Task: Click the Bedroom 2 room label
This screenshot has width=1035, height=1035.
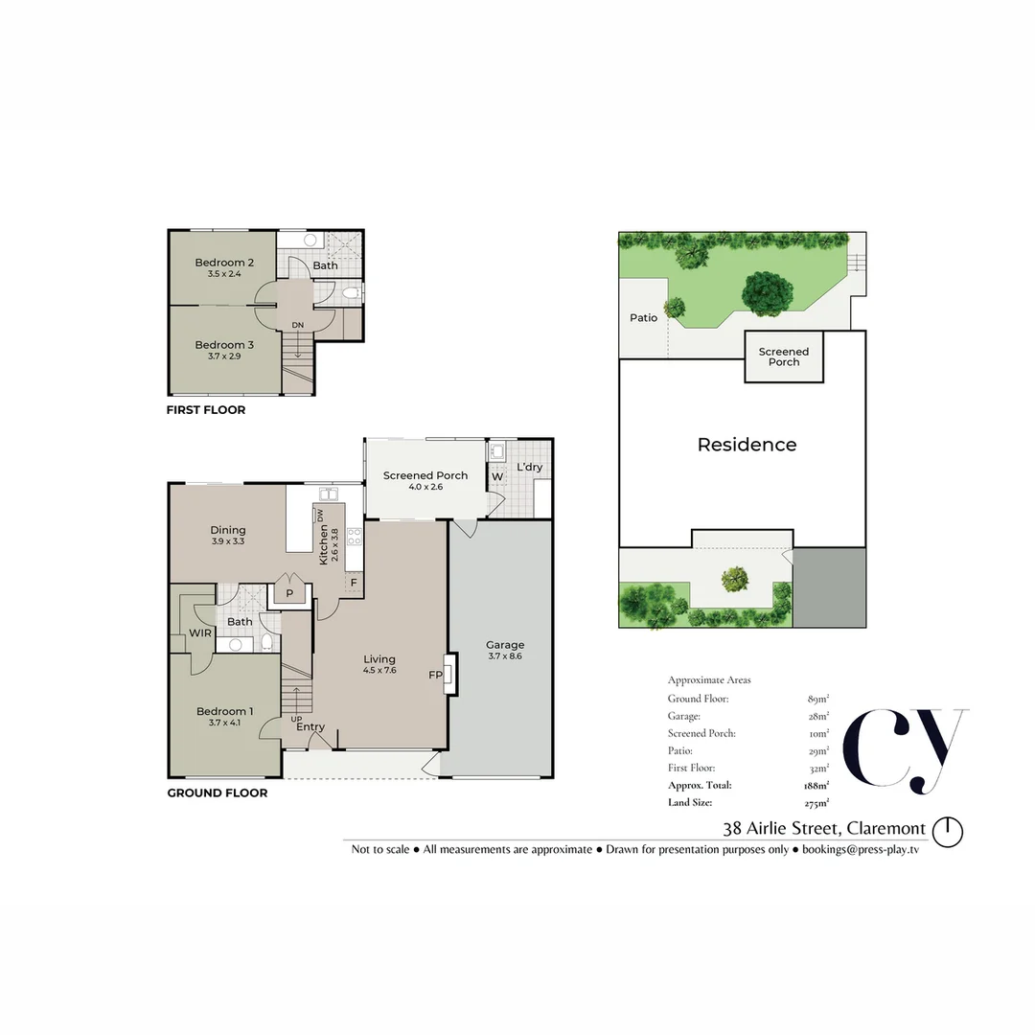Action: click(x=223, y=263)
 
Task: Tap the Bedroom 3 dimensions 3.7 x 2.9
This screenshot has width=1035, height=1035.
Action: click(x=223, y=356)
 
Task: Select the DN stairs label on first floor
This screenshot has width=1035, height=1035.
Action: click(x=298, y=326)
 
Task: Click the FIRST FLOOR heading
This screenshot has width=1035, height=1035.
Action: click(x=206, y=410)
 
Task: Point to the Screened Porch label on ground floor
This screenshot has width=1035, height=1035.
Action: click(x=425, y=475)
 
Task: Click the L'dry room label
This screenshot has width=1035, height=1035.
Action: click(x=529, y=468)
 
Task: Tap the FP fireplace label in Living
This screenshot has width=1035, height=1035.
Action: click(x=434, y=675)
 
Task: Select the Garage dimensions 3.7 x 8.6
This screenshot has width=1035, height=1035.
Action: click(x=505, y=656)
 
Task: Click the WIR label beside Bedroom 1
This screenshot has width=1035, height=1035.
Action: click(x=200, y=633)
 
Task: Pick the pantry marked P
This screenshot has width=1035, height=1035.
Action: click(x=289, y=594)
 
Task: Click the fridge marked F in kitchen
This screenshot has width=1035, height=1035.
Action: click(x=354, y=583)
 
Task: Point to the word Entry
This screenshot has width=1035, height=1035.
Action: click(x=310, y=727)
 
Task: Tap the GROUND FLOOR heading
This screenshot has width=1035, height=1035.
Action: click(x=217, y=793)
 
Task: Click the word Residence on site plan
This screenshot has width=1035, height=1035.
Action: click(x=747, y=445)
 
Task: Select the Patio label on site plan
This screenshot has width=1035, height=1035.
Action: click(x=644, y=317)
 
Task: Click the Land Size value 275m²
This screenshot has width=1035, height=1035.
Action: click(x=816, y=803)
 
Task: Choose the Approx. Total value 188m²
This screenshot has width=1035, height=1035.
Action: click(x=816, y=786)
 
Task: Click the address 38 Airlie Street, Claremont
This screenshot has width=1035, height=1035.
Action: click(x=824, y=829)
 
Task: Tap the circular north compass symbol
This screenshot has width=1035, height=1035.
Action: click(x=948, y=830)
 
